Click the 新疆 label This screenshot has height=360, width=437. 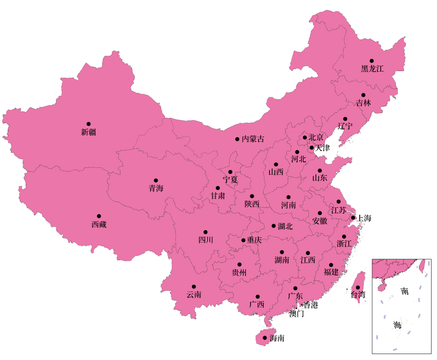(x=89, y=132)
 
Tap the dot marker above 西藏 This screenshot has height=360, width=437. (x=99, y=216)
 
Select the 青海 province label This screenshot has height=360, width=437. (x=156, y=188)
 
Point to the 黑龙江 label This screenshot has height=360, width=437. (x=372, y=69)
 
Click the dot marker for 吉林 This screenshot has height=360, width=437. (x=363, y=95)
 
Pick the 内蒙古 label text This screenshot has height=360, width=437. (x=253, y=139)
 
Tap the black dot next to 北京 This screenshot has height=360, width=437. (x=305, y=137)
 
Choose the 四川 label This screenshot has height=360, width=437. (x=206, y=240)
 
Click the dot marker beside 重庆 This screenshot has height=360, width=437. (x=243, y=240)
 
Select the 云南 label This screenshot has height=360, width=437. (x=194, y=295)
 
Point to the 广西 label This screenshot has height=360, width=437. (x=257, y=304)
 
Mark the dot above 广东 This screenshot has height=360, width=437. (x=295, y=288)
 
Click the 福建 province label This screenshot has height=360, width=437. (x=331, y=272)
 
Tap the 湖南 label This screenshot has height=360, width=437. (x=282, y=260)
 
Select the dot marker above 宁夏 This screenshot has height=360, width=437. (x=230, y=172)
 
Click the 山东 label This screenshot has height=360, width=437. (x=320, y=178)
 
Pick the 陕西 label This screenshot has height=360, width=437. (x=252, y=204)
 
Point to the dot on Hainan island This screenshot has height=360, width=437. (x=264, y=338)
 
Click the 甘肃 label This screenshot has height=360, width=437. (x=218, y=196)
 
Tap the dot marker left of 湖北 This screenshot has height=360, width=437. (x=274, y=226)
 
